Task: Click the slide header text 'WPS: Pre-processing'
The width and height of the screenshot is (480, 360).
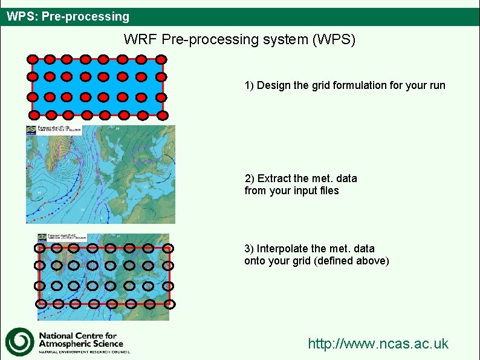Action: [68, 16]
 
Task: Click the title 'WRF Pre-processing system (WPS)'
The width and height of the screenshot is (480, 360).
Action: [239, 40]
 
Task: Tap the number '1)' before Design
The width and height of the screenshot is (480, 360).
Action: [250, 85]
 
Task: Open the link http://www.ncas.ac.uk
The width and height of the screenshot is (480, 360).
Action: [378, 344]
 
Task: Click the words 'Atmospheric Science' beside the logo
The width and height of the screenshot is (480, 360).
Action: [80, 344]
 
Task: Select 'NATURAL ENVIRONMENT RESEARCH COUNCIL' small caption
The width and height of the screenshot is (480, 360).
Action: [84, 352]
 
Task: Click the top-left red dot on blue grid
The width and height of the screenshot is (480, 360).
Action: [33, 59]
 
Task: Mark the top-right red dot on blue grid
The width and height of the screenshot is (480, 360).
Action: [161, 59]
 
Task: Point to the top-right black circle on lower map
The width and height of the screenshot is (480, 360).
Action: [169, 248]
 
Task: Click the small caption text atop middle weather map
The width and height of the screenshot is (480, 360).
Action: [59, 129]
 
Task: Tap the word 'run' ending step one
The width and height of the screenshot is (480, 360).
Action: [436, 85]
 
